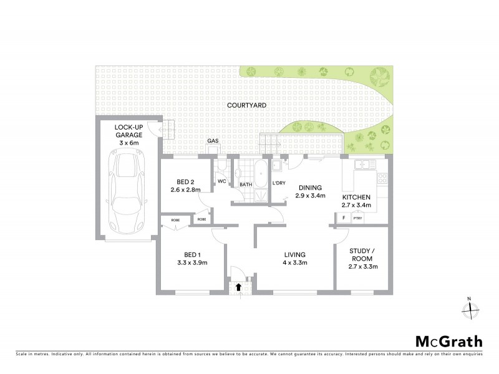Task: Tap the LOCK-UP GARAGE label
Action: [129, 135]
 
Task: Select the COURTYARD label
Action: [246, 107]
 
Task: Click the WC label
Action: [221, 181]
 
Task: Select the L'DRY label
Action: [279, 183]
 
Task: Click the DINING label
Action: [310, 186]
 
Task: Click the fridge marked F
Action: [344, 218]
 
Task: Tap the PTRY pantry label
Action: [358, 218]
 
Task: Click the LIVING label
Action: [294, 254]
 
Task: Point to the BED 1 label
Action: [193, 254]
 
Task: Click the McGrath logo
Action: [449, 341]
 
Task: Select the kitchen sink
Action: [362, 165]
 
